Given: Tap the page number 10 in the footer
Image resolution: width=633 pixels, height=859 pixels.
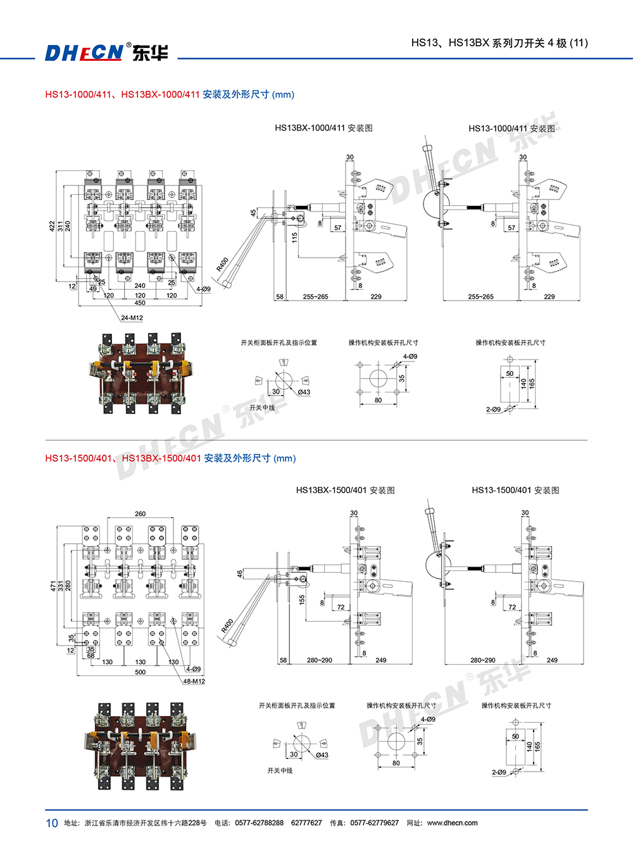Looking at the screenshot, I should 51,823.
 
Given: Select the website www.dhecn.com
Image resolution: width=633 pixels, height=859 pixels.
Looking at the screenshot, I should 452,823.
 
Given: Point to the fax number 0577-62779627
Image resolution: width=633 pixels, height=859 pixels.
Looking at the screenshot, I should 374,823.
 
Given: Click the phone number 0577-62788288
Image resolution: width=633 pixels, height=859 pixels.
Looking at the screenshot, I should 259,823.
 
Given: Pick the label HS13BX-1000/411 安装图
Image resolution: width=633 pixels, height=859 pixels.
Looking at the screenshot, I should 323,128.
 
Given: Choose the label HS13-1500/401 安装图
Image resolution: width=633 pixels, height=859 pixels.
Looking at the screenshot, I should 515,490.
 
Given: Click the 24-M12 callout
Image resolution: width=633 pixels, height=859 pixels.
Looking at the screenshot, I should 132,318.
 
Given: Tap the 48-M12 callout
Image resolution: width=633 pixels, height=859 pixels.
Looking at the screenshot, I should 194,681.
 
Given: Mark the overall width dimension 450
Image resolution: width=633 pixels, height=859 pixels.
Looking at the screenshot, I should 140,303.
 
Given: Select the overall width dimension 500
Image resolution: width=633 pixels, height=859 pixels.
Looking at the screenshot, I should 140,672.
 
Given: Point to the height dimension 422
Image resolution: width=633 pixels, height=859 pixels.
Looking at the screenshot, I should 53,226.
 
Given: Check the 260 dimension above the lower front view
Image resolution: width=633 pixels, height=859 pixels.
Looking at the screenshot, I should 140,514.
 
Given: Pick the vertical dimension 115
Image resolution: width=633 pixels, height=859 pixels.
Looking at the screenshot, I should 294,237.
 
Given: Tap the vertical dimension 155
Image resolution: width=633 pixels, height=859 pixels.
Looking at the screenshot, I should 302,598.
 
